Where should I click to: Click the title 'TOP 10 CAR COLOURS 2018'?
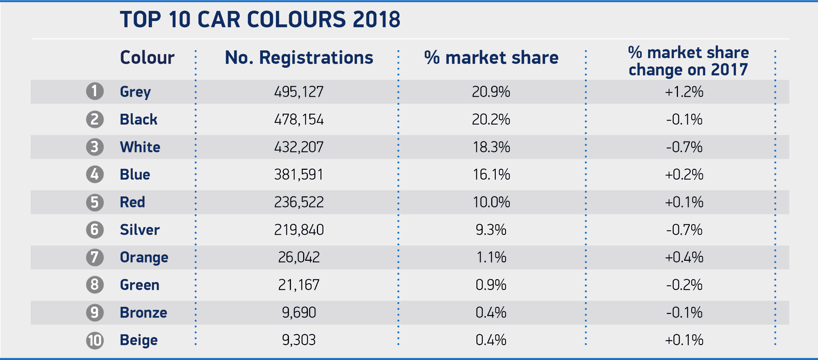click(x=260, y=20)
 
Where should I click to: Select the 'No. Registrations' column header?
click(x=299, y=58)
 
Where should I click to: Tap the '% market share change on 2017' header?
click(x=688, y=61)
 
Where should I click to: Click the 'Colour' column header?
click(x=147, y=58)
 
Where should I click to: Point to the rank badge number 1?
click(x=95, y=92)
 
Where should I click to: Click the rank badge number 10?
click(x=95, y=340)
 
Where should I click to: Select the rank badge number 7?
click(x=95, y=257)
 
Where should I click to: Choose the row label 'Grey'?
click(x=135, y=92)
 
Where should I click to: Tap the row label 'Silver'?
click(x=140, y=230)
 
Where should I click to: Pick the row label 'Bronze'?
click(x=143, y=312)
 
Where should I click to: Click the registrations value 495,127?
click(x=299, y=92)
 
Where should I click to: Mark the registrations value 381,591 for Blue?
click(x=299, y=175)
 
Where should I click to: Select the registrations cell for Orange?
click(x=299, y=257)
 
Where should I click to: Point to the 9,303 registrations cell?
click(x=299, y=340)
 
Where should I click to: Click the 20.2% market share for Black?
click(x=491, y=120)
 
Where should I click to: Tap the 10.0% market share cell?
click(x=491, y=202)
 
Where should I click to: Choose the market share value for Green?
click(x=491, y=285)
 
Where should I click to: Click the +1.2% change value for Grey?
click(x=684, y=92)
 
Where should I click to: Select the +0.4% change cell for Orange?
click(x=684, y=257)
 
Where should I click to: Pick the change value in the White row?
click(x=684, y=147)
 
